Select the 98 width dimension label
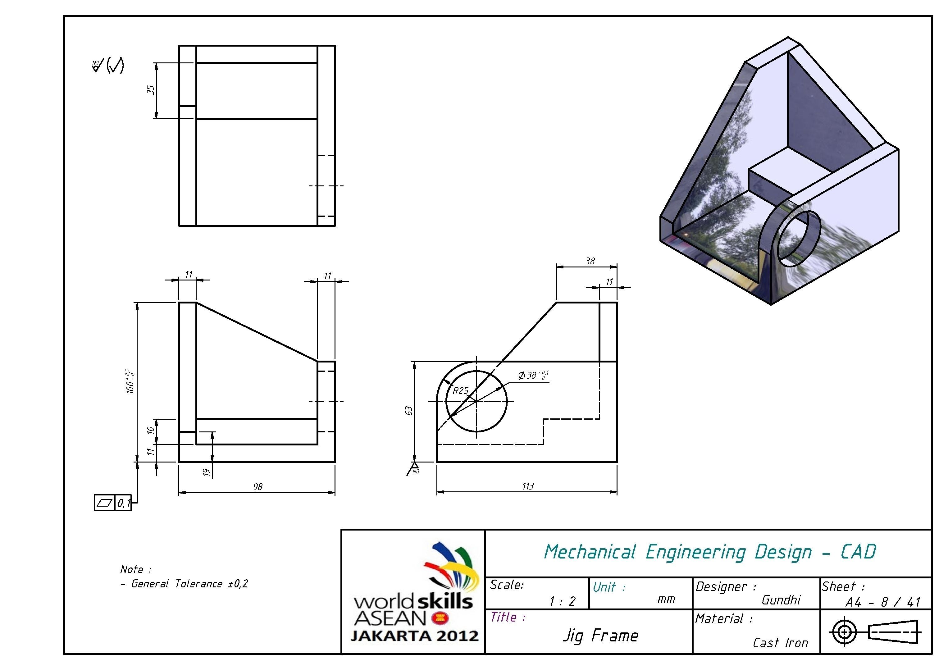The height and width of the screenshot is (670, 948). point(258,487)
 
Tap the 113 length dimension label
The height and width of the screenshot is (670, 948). point(528,486)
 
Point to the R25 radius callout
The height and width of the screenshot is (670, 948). point(460,390)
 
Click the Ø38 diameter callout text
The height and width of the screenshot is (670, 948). point(533,375)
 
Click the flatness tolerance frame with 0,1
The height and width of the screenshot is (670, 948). point(113,503)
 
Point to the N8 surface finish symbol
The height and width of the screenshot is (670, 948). point(414,468)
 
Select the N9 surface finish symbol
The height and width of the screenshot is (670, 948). point(97,66)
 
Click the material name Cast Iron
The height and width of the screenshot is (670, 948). point(780,643)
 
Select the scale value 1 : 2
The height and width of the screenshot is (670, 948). point(562,601)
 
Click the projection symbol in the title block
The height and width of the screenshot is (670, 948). point(875,631)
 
